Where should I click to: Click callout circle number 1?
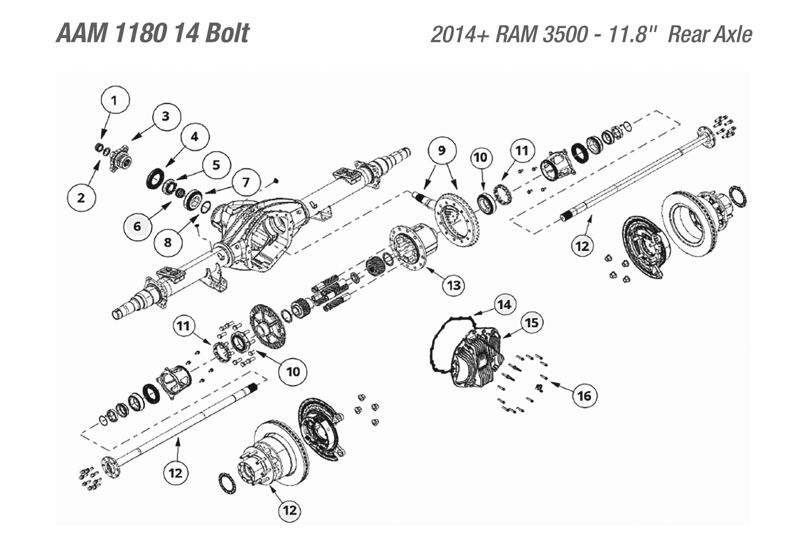115,100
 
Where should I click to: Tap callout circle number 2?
81,198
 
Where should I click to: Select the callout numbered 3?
167,117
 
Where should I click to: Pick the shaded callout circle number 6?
138,227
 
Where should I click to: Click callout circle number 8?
168,242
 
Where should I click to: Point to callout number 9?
442,151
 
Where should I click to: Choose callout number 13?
453,285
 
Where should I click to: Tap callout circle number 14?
504,305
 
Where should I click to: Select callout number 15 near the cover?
531,323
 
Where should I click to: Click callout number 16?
584,395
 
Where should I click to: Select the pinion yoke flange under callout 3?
121,160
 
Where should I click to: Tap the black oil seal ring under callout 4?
155,178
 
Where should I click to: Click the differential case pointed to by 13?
413,246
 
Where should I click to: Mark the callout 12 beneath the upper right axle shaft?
582,246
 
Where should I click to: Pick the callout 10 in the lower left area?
293,372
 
